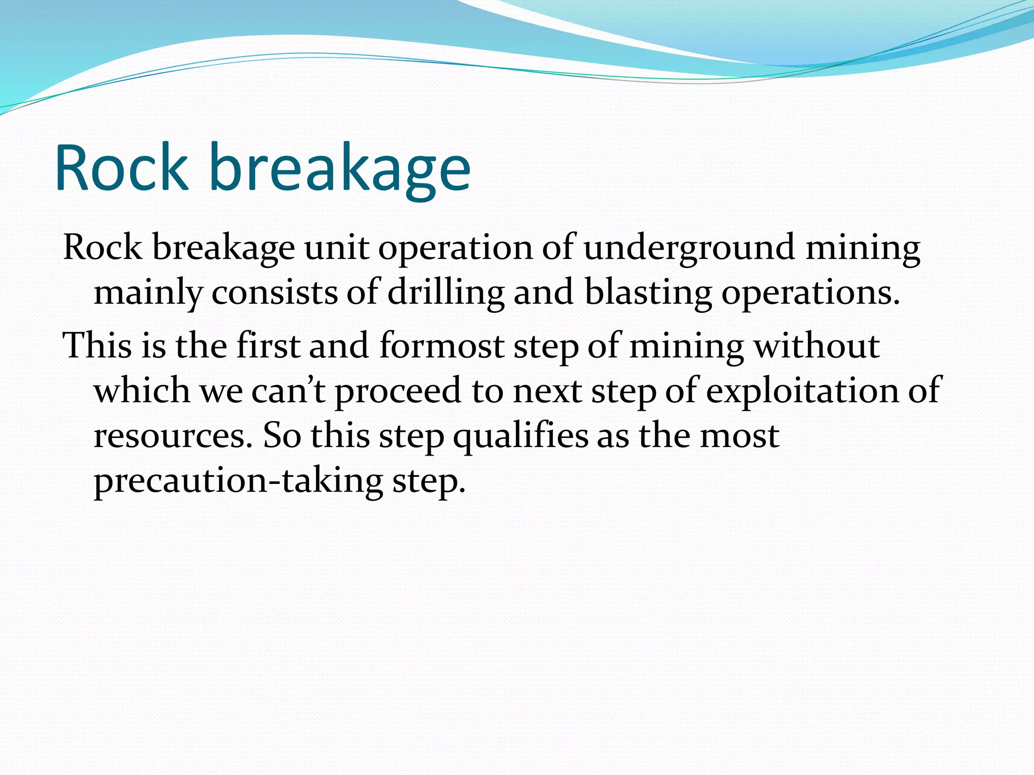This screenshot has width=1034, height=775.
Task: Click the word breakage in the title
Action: coord(339,172)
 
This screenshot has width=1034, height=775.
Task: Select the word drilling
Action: coord(446,293)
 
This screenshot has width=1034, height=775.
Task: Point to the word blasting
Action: coord(648,293)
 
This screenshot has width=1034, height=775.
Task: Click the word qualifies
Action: coord(521,436)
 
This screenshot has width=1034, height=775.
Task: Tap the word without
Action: coord(816,346)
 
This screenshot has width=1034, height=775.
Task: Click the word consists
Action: coord(274,293)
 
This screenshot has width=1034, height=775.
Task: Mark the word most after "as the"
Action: coord(739,436)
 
